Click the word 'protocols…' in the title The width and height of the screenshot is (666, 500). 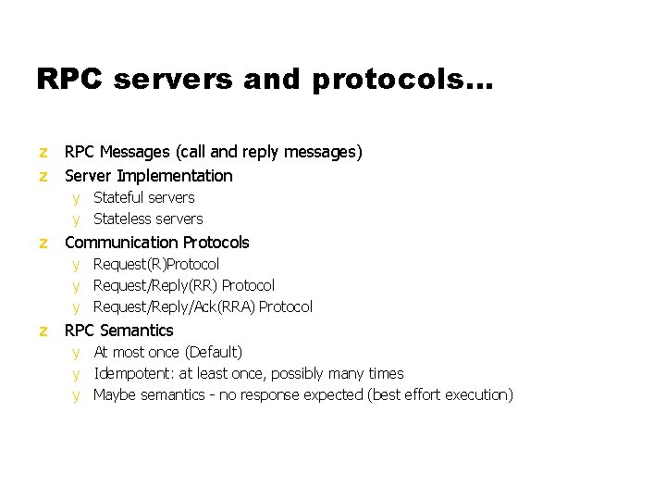(403, 81)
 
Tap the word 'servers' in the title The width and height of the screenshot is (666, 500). (178, 81)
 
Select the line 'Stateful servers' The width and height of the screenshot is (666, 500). (143, 197)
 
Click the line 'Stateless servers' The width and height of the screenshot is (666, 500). (148, 219)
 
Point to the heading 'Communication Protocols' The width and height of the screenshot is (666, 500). (156, 243)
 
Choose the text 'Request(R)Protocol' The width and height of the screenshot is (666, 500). (156, 264)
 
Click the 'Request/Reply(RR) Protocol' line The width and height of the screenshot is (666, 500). (184, 285)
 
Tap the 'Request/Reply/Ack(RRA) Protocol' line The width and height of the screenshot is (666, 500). (203, 306)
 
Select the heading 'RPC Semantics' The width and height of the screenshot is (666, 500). (118, 331)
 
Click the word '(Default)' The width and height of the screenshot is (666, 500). (214, 352)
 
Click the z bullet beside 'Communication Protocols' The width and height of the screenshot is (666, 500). (43, 243)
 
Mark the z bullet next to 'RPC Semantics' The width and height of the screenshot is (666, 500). (43, 331)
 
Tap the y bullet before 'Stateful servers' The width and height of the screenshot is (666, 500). (77, 198)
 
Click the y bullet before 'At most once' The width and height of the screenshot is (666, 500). (77, 353)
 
